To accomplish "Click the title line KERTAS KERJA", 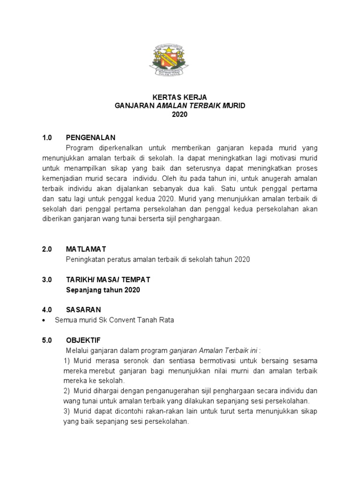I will tap(180, 97).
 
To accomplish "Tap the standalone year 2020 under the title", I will tap(180, 115).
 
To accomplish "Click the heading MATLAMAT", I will tap(87, 249).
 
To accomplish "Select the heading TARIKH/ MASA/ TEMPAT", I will tap(108, 279).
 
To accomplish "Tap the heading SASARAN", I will tap(83, 309).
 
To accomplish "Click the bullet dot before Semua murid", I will tap(44, 320).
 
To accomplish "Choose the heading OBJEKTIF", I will tap(83, 340).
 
